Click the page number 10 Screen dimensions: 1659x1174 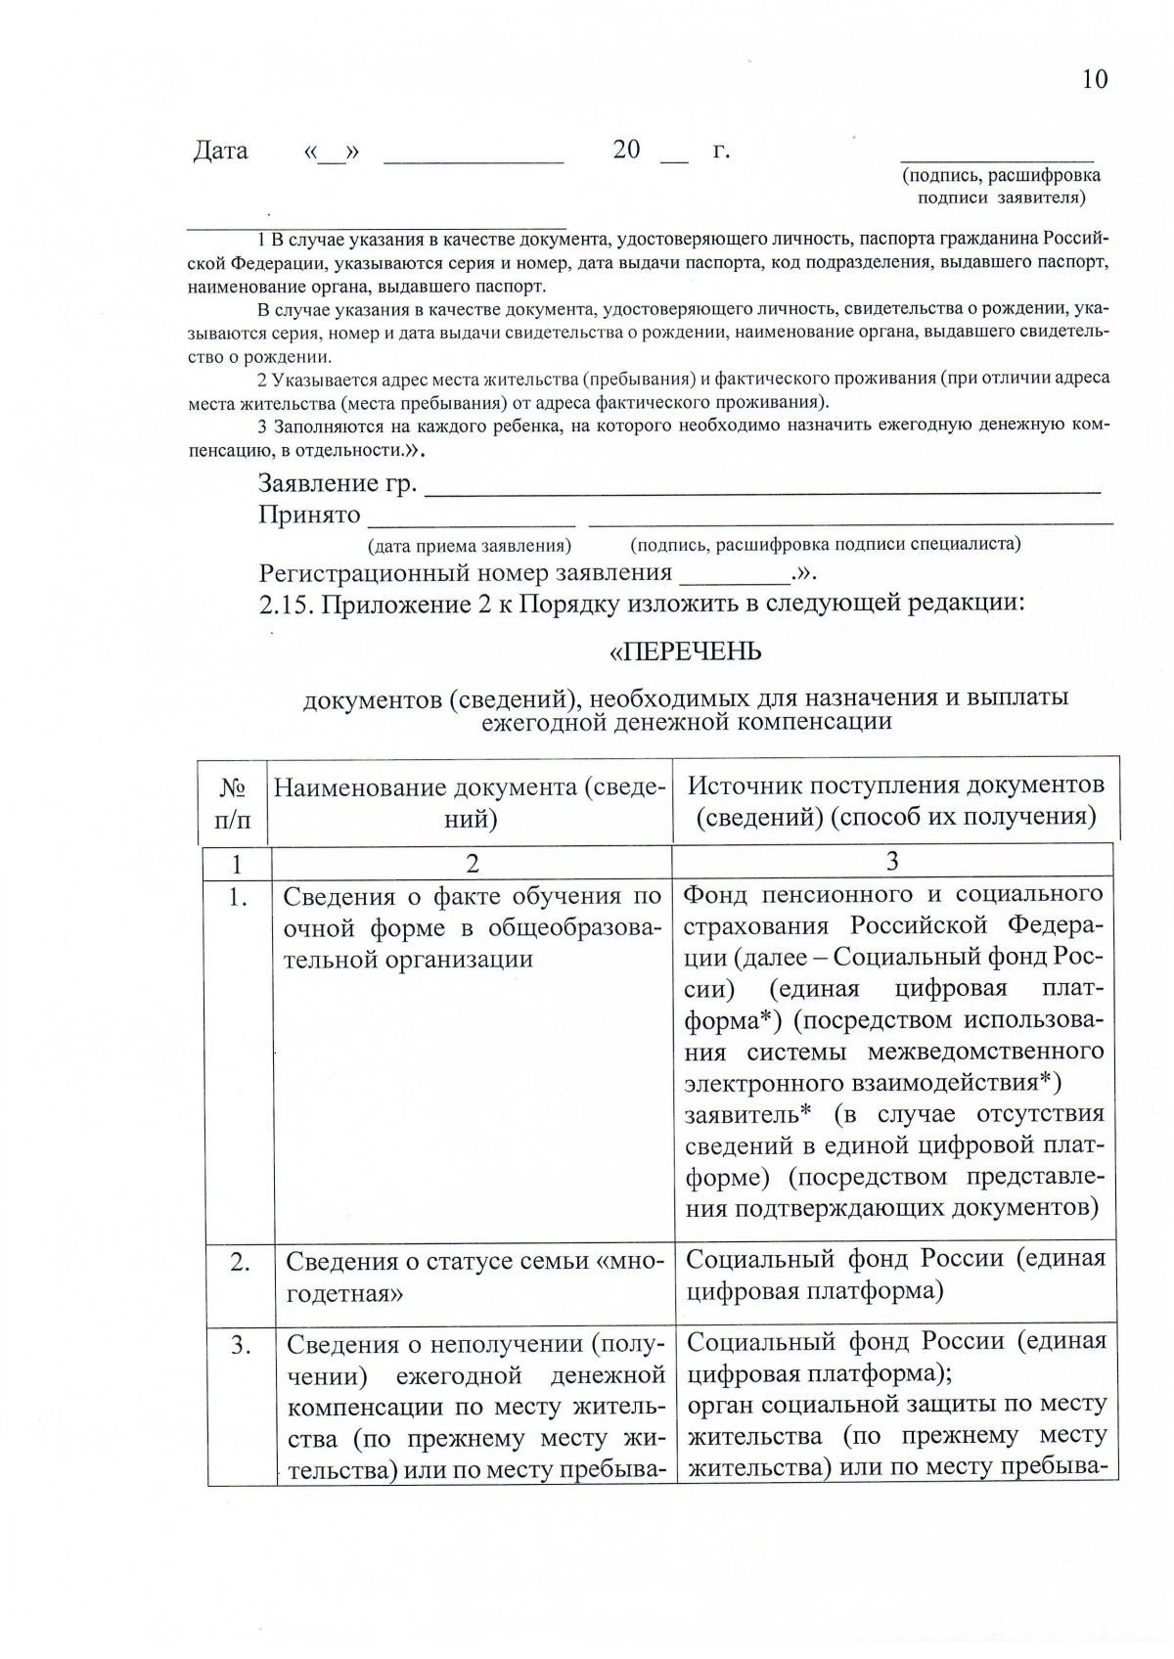coord(1095,79)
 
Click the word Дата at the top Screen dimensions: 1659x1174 coord(220,151)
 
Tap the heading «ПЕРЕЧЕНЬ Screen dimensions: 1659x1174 coord(685,652)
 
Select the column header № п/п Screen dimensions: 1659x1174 coord(232,803)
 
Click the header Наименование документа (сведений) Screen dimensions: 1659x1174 coord(471,803)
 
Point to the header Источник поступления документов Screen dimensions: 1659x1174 coord(895,785)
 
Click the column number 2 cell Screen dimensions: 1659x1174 coord(473,863)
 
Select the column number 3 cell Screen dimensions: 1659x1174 coord(892,862)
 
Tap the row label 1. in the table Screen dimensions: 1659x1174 coord(238,897)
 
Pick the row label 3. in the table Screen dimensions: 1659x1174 coord(241,1346)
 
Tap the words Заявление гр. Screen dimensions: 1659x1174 coord(338,483)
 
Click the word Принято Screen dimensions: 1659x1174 coord(309,515)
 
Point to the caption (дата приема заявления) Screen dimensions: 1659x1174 coord(469,546)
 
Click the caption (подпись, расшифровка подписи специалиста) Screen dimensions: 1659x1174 coord(825,544)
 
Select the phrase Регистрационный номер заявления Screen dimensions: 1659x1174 coord(466,573)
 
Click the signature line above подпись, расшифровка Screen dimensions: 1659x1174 coord(996,158)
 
